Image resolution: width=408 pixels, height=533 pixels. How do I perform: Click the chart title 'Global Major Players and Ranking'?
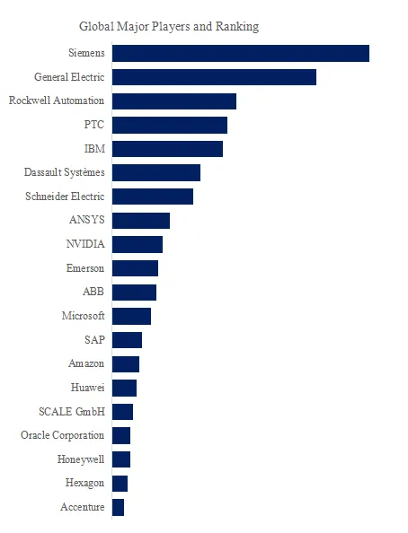[x=169, y=27]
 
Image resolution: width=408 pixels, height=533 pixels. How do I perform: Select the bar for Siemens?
[x=241, y=53]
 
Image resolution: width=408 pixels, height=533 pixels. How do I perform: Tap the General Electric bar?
[x=214, y=77]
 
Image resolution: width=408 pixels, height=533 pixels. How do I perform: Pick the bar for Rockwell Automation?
[x=174, y=101]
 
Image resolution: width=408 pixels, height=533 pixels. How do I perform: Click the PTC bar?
[x=170, y=125]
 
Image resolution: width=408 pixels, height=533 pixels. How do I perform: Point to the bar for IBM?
[x=167, y=149]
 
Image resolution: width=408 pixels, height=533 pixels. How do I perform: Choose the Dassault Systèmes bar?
[x=156, y=172]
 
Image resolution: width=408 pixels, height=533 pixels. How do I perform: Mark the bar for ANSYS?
[x=141, y=221]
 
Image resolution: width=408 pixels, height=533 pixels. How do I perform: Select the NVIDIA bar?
[x=137, y=244]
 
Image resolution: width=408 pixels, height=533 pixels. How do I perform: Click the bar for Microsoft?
[x=131, y=316]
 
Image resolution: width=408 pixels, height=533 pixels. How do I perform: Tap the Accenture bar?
[x=119, y=508]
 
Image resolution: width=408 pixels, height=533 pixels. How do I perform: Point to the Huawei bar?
[x=124, y=389]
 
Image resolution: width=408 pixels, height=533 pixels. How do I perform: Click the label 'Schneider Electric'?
[x=65, y=197]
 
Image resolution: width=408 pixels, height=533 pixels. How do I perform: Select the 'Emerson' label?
[x=85, y=268]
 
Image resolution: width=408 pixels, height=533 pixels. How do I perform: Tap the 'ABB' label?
[x=93, y=292]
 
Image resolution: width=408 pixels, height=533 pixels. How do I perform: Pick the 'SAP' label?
[x=94, y=339]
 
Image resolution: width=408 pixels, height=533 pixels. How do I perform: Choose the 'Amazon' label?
[x=86, y=363]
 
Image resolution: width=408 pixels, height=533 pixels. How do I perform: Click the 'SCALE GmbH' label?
[x=72, y=412]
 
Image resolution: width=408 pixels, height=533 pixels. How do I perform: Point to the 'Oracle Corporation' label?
[x=62, y=435]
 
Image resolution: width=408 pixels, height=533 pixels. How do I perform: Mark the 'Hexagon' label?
[x=84, y=484]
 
